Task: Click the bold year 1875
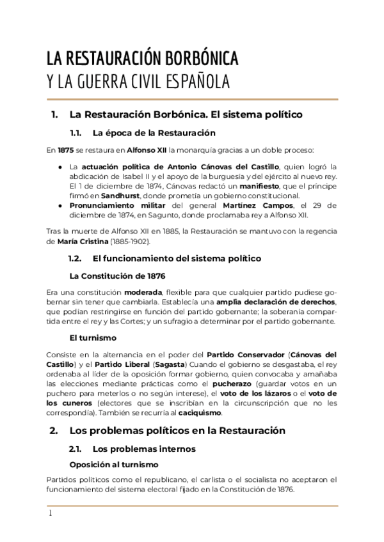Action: [65, 150]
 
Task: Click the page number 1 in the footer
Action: [49, 513]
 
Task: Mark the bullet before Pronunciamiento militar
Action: [60, 205]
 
